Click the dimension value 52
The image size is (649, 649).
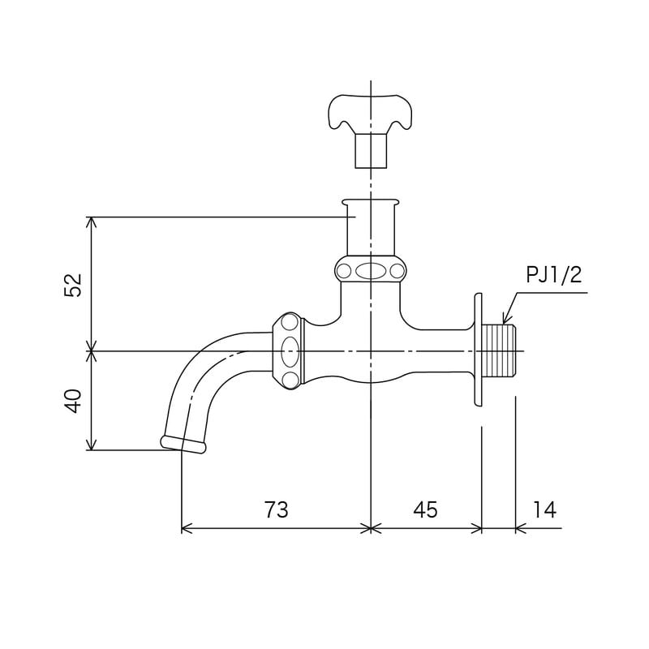coord(74,285)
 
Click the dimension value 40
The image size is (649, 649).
coord(74,401)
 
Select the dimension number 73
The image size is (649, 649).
coord(276,509)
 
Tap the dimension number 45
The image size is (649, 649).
coord(425,509)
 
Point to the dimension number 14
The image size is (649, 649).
coord(545,509)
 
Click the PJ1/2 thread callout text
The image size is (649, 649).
coord(554,275)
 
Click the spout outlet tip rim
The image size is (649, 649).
coord(183,444)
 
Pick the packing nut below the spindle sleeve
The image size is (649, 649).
coord(371,270)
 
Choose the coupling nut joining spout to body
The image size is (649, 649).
coord(289,351)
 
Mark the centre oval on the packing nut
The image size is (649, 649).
coord(371,271)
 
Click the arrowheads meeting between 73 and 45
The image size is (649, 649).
coord(371,528)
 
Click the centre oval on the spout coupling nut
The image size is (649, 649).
coord(290,352)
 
